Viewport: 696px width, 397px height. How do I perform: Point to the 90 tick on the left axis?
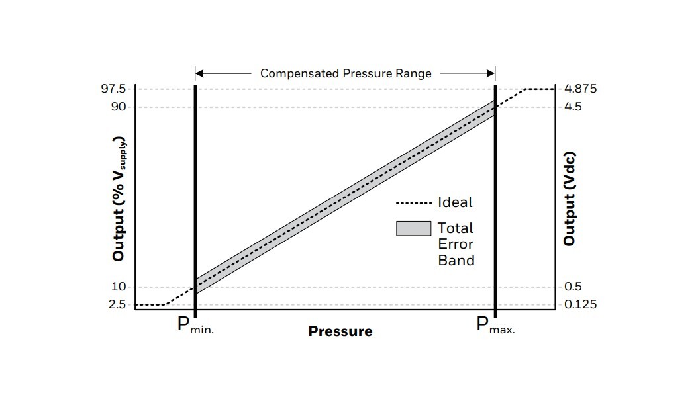[120, 107]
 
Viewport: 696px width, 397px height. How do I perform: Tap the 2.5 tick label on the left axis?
[118, 304]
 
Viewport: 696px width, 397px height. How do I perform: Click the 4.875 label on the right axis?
[581, 89]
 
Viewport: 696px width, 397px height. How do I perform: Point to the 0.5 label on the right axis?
[573, 287]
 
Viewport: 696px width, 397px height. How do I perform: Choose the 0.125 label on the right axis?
[581, 304]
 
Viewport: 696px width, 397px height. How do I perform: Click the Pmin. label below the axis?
[195, 326]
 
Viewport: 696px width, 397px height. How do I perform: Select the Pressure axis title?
[340, 331]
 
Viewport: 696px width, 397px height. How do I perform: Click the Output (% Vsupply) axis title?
[119, 198]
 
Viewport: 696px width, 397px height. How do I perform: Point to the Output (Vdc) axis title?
[569, 198]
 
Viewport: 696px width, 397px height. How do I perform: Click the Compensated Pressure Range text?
[346, 73]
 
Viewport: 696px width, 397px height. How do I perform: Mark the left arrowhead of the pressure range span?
[199, 73]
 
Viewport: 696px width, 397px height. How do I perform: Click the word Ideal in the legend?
[455, 202]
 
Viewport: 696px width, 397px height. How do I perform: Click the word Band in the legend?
[456, 260]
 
